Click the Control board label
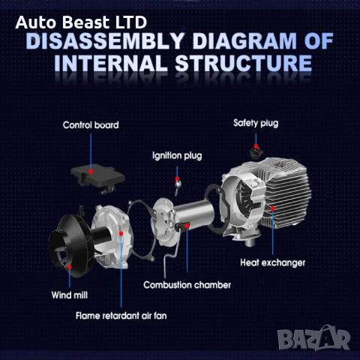[x=91, y=125]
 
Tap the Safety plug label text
[x=256, y=123]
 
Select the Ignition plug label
[x=177, y=156]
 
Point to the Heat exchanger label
[x=273, y=262]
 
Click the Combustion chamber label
[x=187, y=285]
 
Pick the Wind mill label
[x=70, y=295]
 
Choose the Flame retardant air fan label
[x=121, y=316]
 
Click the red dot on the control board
[x=91, y=172]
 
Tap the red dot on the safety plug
[x=256, y=146]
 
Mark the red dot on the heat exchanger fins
[x=273, y=208]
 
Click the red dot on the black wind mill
[x=70, y=267]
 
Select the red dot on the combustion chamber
[x=187, y=226]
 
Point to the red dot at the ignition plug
[x=177, y=178]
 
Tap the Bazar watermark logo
[x=314, y=338]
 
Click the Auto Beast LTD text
[x=81, y=22]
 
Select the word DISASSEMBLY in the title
[x=105, y=41]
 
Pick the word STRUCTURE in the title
[x=244, y=63]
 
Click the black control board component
[x=97, y=177]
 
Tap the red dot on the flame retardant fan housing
[x=121, y=233]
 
